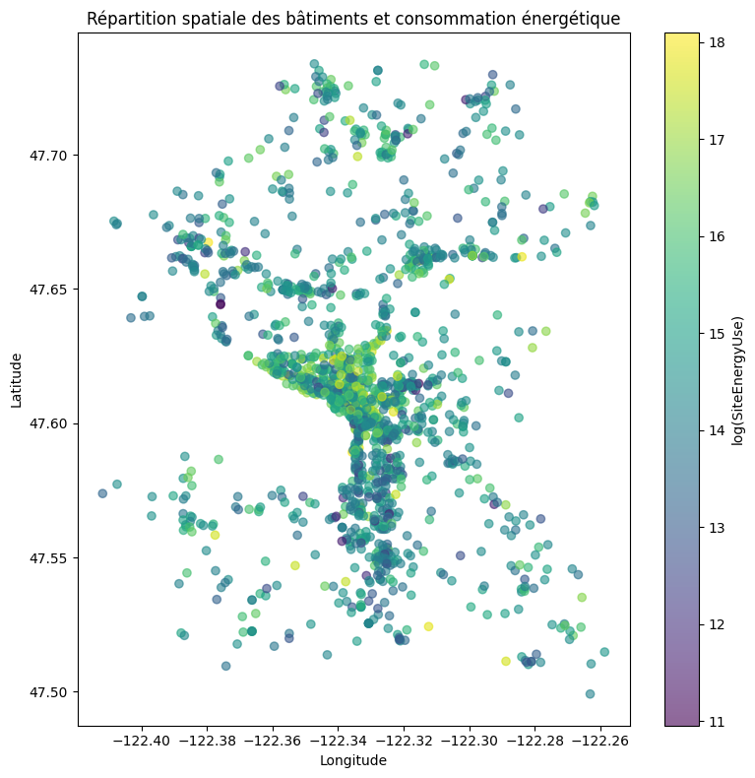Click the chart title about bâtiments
pyautogui.click(x=353, y=19)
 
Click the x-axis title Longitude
pyautogui.click(x=353, y=760)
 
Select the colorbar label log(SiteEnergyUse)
pyautogui.click(x=737, y=380)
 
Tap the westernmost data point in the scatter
pyautogui.click(x=102, y=493)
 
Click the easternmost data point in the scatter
pyautogui.click(x=604, y=652)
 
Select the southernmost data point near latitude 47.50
pyautogui.click(x=590, y=693)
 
